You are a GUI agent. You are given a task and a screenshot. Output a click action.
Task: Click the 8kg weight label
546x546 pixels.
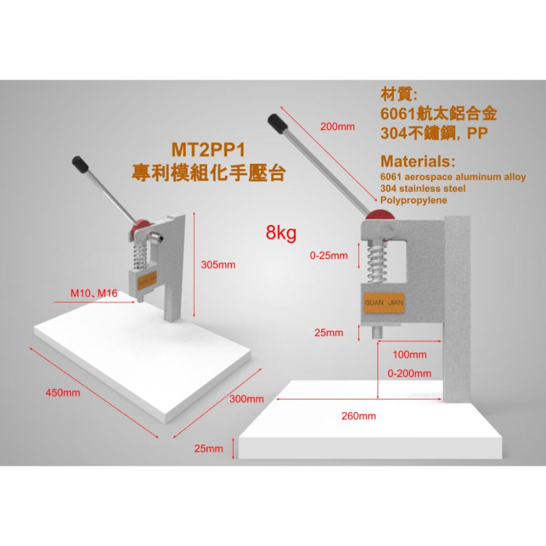coord(281,233)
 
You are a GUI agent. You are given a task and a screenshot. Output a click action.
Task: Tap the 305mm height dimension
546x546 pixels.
coord(218,265)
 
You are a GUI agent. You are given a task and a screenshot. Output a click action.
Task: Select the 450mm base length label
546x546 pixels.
coord(63,393)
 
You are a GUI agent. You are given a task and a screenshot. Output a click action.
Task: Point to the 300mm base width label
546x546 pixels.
coord(246,399)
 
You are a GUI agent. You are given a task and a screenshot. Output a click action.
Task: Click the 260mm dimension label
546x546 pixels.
coord(359,416)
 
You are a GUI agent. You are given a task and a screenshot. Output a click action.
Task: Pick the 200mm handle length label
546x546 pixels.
coord(337,127)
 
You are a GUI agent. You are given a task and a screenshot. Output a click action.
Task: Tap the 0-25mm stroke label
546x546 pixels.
coord(328,255)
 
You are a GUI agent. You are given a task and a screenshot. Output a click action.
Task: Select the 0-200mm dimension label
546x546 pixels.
coord(409,373)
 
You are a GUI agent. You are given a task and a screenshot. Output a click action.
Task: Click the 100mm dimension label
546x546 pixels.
coord(410,355)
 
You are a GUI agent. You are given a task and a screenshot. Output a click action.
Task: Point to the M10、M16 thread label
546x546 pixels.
coord(94,293)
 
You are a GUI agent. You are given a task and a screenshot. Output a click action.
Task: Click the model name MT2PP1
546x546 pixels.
coord(208,150)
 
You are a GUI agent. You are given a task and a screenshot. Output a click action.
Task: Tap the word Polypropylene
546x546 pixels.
coord(413,200)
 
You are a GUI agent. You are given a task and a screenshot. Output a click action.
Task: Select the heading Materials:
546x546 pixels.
coord(418,162)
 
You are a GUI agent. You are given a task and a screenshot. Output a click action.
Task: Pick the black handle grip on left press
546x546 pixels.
coord(81,164)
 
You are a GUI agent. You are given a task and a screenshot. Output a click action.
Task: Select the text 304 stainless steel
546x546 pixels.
coord(423,189)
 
